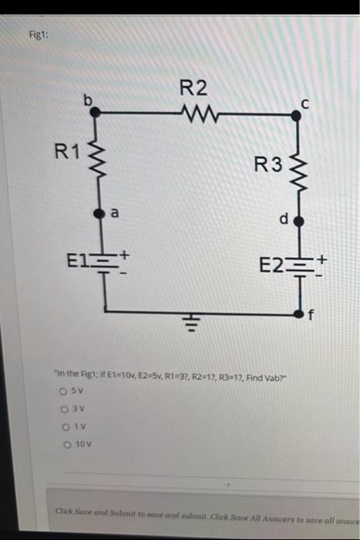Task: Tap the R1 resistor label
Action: click(66, 150)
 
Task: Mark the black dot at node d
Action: click(300, 221)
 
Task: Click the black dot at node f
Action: click(300, 313)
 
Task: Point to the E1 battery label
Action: click(76, 258)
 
